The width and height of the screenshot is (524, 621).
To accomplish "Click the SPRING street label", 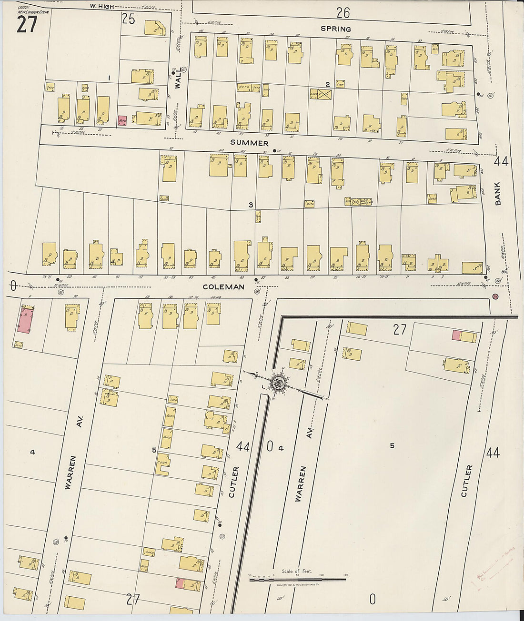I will pyautogui.click(x=336, y=29).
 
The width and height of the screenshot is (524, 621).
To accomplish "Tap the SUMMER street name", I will pyautogui.click(x=249, y=143).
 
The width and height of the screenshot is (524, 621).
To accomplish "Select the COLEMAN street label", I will pyautogui.click(x=223, y=287).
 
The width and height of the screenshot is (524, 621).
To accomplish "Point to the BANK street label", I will pyautogui.click(x=498, y=195).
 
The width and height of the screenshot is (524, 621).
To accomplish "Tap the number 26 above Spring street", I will pyautogui.click(x=343, y=13).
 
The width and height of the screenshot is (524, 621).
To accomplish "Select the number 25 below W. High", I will pyautogui.click(x=129, y=19).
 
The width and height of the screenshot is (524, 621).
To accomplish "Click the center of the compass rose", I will pyautogui.click(x=278, y=382).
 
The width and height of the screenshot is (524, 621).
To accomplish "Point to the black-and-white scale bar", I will pyautogui.click(x=298, y=580).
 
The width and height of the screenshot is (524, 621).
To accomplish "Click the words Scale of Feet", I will pyautogui.click(x=296, y=572).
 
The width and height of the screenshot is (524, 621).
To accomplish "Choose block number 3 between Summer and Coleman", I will pyautogui.click(x=250, y=205).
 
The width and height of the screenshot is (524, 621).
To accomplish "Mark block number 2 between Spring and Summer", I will pyautogui.click(x=327, y=85).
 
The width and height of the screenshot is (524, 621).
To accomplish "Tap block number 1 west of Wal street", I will pyautogui.click(x=109, y=78).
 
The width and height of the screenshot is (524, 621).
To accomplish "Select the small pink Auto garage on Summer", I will pyautogui.click(x=122, y=121).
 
